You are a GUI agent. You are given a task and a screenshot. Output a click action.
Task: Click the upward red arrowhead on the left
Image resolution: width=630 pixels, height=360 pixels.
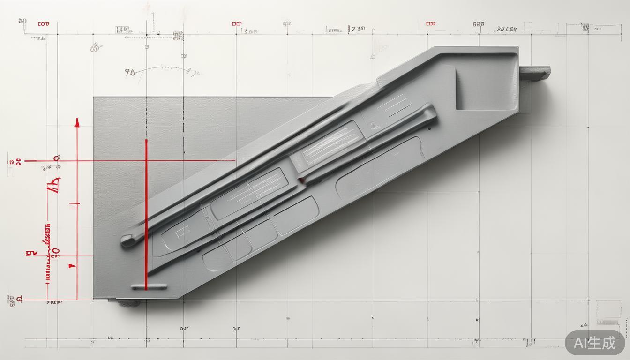(x=77, y=123)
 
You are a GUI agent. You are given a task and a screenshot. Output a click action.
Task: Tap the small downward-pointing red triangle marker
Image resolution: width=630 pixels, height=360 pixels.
(x=72, y=266)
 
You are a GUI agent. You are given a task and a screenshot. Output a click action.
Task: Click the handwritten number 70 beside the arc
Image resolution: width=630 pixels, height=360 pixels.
(x=130, y=73)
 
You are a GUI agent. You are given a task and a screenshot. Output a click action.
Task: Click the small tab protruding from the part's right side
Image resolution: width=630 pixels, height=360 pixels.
(x=534, y=72)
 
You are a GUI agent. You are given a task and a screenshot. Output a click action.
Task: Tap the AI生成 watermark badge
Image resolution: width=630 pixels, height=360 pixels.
(x=595, y=343)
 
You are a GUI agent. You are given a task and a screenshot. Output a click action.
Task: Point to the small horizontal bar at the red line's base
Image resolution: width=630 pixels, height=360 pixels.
(x=149, y=286)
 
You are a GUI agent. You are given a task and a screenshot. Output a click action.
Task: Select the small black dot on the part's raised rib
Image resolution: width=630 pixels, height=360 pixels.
(x=429, y=128)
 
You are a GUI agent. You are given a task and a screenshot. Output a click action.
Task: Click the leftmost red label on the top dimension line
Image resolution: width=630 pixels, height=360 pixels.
(x=43, y=23)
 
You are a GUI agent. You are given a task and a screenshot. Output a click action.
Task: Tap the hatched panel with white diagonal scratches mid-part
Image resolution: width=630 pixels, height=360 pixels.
(x=331, y=144)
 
